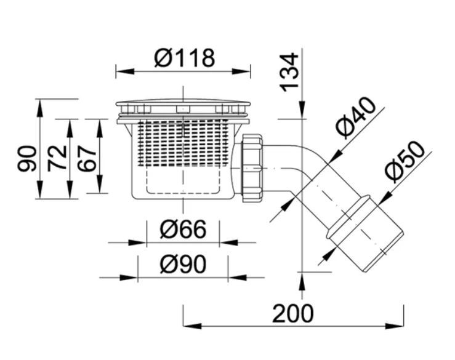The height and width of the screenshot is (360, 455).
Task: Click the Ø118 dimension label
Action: pos(185,58)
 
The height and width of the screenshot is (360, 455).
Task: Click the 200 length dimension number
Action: pos(293,313)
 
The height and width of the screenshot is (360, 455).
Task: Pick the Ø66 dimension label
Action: pos(183,229)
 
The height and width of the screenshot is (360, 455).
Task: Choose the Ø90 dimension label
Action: pos(183,264)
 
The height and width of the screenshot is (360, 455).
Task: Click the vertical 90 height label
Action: pos(27,158)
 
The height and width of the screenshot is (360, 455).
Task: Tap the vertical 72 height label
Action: pos(57,158)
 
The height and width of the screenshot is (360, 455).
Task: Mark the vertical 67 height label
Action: pos(87,158)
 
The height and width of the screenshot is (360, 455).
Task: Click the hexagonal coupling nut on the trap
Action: pos(252,168)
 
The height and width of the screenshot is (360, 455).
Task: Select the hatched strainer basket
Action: pos(183,143)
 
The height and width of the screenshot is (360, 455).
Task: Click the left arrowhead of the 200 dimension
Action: pos(192,326)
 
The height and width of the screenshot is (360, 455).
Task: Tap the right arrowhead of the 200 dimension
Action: pos(395,326)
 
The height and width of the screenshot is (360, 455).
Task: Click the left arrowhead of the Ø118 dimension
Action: pos(125,71)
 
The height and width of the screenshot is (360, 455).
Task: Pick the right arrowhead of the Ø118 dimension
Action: pos(241,71)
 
